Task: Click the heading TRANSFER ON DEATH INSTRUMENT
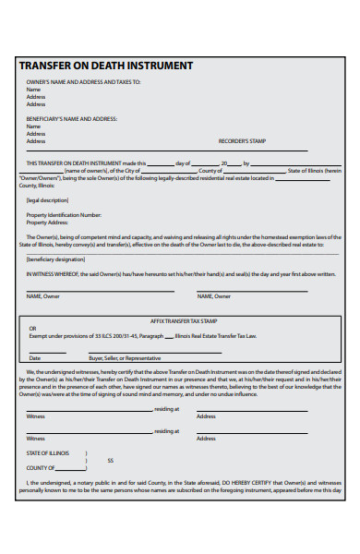(x=106, y=66)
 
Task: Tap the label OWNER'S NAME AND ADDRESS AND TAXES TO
(x=83, y=82)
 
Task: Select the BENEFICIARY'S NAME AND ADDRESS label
(x=72, y=119)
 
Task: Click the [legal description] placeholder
(x=48, y=199)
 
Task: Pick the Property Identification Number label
(x=64, y=215)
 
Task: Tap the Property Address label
(x=48, y=223)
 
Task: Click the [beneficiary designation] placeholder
(x=55, y=259)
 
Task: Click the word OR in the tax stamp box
(x=32, y=328)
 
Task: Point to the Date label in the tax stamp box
(x=34, y=357)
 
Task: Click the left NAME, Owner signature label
(x=43, y=296)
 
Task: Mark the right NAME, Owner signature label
(x=214, y=296)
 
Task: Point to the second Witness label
(x=35, y=438)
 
